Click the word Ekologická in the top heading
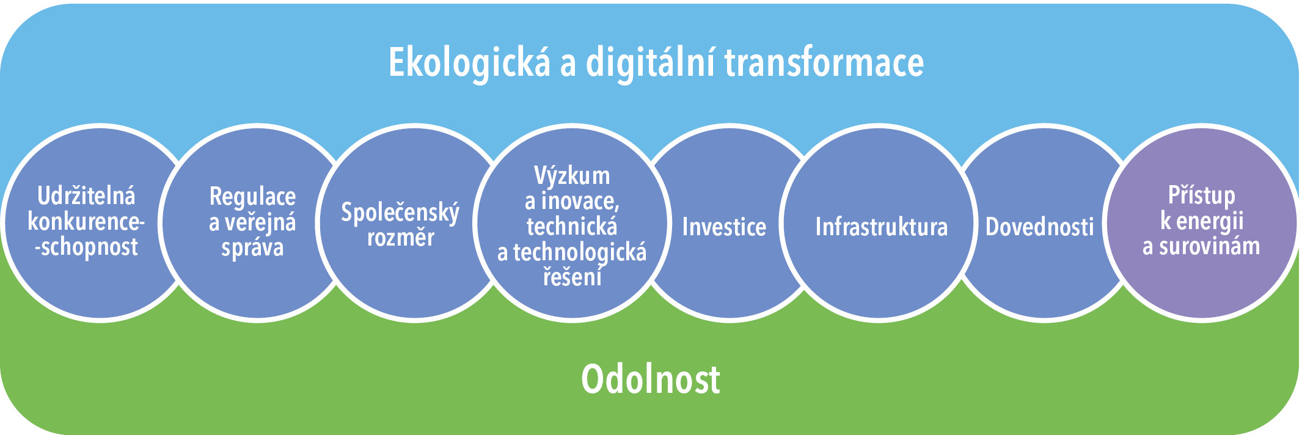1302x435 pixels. (469, 63)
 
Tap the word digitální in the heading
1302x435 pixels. (651, 63)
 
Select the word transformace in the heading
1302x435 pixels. (824, 62)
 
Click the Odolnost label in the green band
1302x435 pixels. (650, 379)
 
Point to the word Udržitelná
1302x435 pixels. (86, 196)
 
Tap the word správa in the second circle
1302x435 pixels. (252, 248)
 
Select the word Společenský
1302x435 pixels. (400, 213)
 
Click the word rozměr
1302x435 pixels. (401, 237)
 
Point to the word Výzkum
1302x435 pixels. (572, 176)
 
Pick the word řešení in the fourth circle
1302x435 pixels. (572, 276)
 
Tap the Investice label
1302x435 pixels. (724, 227)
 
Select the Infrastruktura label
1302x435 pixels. (881, 227)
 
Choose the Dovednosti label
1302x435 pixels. (1039, 227)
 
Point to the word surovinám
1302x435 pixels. (1210, 246)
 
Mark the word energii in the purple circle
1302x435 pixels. (1210, 221)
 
